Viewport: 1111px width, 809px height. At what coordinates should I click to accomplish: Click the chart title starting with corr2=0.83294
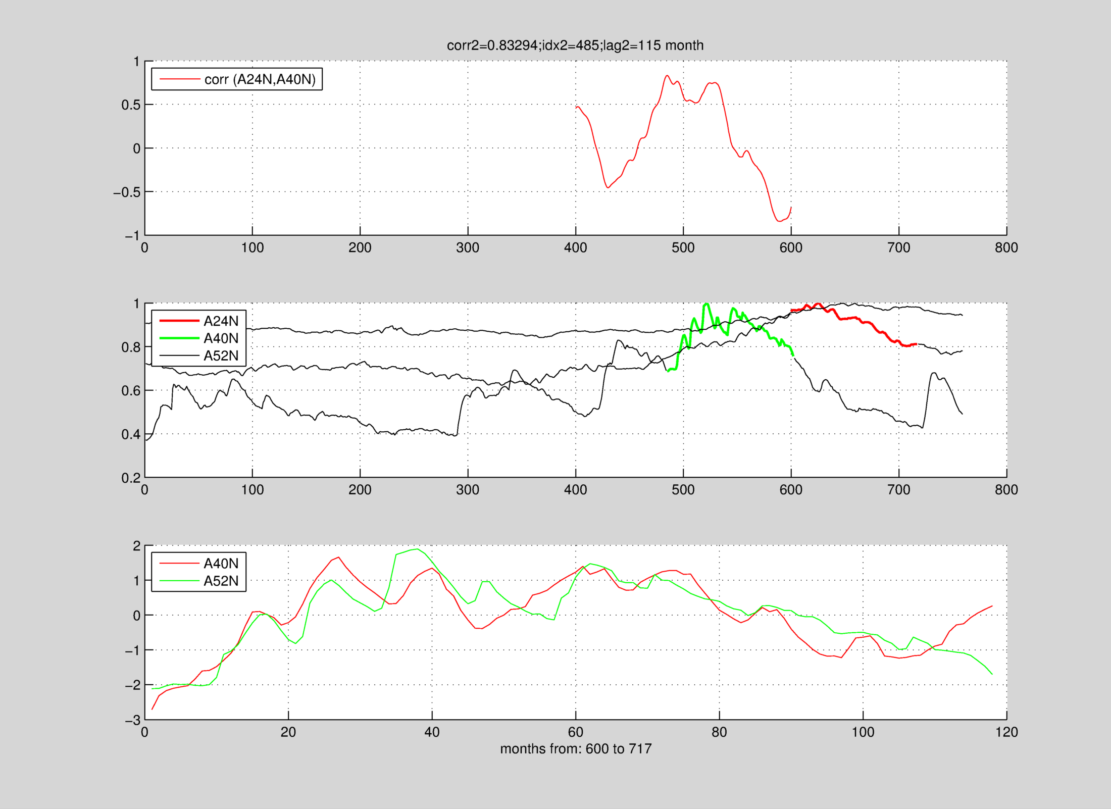pyautogui.click(x=575, y=45)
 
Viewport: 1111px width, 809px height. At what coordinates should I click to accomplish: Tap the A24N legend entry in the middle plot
pyautogui.click(x=221, y=321)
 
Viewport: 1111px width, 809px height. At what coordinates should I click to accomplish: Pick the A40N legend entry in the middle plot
pyautogui.click(x=221, y=338)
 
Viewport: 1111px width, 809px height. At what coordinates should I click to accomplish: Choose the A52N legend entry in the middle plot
pyautogui.click(x=221, y=356)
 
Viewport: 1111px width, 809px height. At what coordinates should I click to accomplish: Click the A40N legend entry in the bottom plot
pyautogui.click(x=221, y=563)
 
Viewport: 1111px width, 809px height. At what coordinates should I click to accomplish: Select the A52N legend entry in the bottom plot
pyautogui.click(x=221, y=581)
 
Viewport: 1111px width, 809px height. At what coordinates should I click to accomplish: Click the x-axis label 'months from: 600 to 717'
pyautogui.click(x=576, y=748)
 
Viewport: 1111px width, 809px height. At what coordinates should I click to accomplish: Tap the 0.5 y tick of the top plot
pyautogui.click(x=130, y=105)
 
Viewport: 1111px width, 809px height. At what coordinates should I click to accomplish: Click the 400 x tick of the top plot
pyautogui.click(x=575, y=247)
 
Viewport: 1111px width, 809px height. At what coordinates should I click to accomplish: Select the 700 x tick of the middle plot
pyautogui.click(x=898, y=489)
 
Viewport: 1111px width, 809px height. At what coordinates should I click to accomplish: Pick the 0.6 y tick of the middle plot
pyautogui.click(x=130, y=391)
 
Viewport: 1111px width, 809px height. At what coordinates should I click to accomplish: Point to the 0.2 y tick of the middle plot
pyautogui.click(x=130, y=478)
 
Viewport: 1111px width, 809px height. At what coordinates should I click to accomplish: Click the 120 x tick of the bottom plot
pyautogui.click(x=1006, y=732)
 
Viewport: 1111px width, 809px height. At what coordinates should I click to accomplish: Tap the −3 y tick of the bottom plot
pyautogui.click(x=133, y=720)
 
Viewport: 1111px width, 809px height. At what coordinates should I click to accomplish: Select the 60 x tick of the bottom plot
pyautogui.click(x=575, y=732)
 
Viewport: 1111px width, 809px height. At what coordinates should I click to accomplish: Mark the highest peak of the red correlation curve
pyautogui.click(x=667, y=76)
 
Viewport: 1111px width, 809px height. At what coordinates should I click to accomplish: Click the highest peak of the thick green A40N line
pyautogui.click(x=706, y=304)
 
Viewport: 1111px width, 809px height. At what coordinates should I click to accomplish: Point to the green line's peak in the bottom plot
pyautogui.click(x=417, y=549)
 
